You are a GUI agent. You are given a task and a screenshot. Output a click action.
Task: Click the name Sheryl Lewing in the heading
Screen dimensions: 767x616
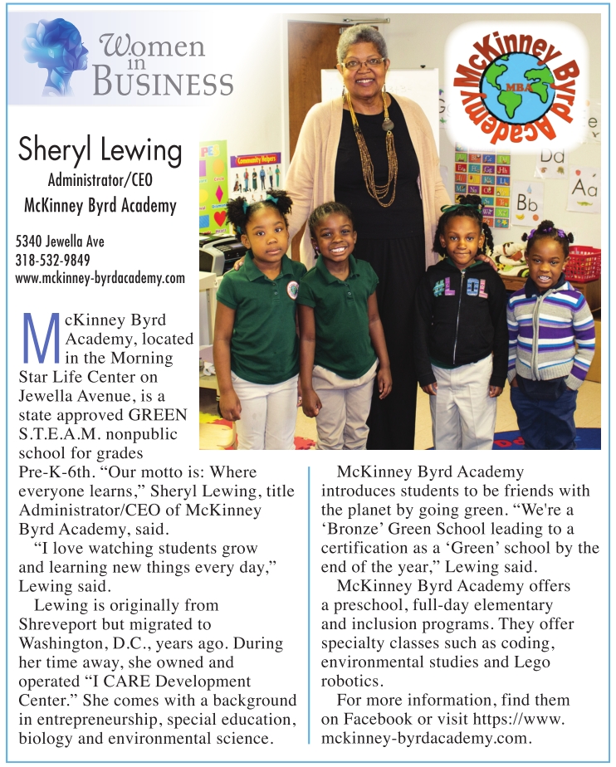(100, 150)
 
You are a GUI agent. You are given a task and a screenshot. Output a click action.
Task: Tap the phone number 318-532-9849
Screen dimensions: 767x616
(53, 260)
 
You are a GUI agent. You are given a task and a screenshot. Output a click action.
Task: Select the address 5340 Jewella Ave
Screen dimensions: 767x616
(60, 242)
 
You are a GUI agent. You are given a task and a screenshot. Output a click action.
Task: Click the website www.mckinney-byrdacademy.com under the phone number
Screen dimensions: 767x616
(100, 278)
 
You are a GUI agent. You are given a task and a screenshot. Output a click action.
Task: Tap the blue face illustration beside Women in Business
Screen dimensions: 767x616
(56, 58)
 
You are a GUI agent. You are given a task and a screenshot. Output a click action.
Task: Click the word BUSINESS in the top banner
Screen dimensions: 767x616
(163, 83)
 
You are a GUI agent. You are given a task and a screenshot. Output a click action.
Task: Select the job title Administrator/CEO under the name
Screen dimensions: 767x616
(100, 178)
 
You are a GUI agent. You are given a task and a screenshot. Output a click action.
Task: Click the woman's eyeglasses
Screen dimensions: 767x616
(363, 63)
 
